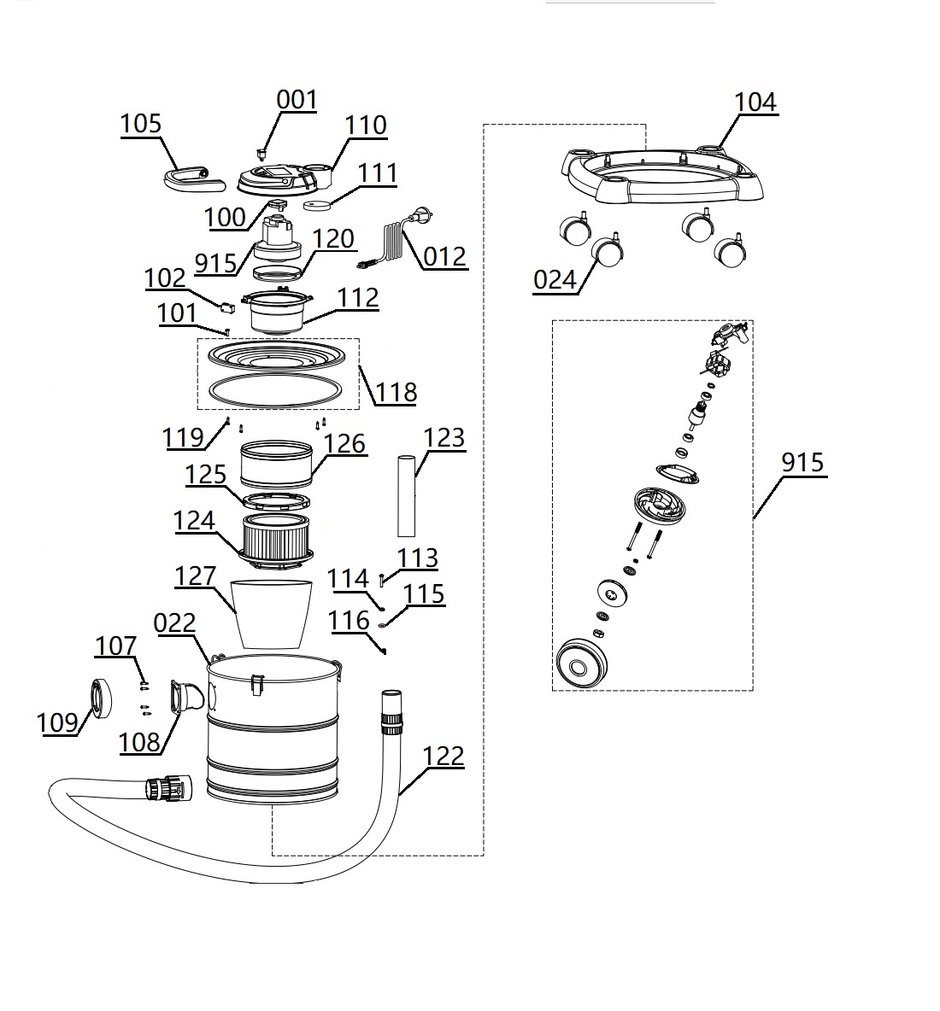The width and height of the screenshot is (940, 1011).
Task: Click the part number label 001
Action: point(297,100)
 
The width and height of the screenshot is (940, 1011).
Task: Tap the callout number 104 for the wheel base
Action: point(755,102)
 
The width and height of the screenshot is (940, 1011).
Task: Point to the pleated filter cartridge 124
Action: point(274,535)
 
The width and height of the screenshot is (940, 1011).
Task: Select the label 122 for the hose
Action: point(444,757)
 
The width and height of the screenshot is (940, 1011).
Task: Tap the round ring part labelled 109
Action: point(102,698)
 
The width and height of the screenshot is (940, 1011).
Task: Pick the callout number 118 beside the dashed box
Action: point(397,392)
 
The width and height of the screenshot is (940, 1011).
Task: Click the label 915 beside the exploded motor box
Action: point(802,462)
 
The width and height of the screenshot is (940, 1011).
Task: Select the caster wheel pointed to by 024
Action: point(607,254)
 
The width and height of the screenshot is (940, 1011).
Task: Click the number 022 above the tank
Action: point(175,623)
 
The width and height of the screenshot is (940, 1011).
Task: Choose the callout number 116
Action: point(349,621)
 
